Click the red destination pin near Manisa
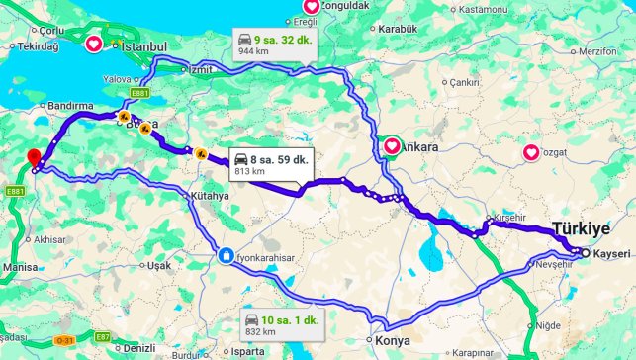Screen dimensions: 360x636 pyautogui.click(x=34, y=157)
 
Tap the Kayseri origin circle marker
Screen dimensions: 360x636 pyautogui.click(x=585, y=253)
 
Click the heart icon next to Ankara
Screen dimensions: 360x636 pyautogui.click(x=392, y=146)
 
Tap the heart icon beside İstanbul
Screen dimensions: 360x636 pyautogui.click(x=94, y=44)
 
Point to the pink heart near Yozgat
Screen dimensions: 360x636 pyautogui.click(x=531, y=152)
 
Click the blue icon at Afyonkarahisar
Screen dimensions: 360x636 pyautogui.click(x=227, y=256)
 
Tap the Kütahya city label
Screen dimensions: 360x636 pyautogui.click(x=206, y=196)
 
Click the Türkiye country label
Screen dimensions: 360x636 pyautogui.click(x=581, y=228)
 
